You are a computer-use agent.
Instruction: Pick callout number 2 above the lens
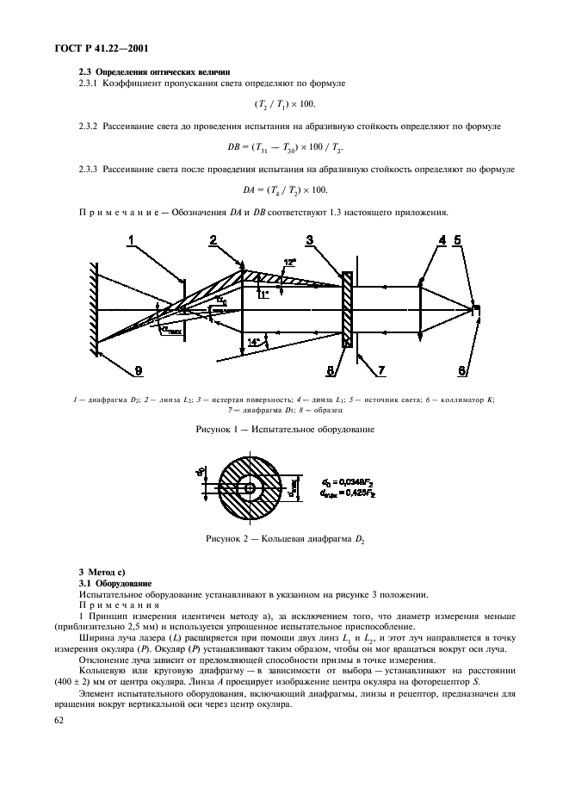(213, 242)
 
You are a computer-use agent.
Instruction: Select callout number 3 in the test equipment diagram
(310, 242)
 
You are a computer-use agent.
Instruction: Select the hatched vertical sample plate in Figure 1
(346, 310)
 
